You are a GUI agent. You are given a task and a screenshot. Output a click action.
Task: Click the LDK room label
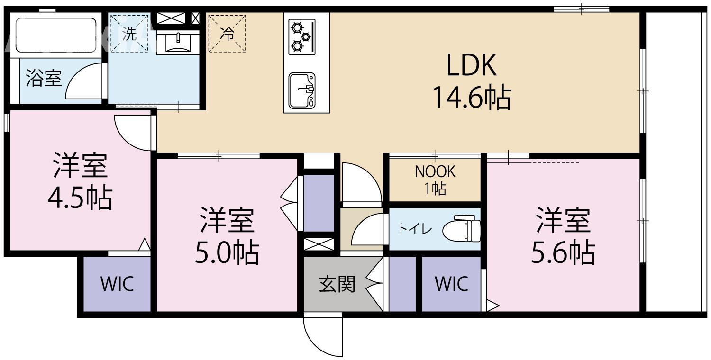[x=472, y=66]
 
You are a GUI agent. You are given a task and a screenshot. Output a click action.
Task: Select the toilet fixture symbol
[x=462, y=229]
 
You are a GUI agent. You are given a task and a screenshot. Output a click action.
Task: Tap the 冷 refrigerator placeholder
[x=228, y=33]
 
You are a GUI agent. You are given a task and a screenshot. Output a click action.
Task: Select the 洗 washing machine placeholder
[x=129, y=33]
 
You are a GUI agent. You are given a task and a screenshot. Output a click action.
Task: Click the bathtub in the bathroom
[x=55, y=35]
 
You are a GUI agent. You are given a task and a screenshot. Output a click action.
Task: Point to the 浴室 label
[x=44, y=78]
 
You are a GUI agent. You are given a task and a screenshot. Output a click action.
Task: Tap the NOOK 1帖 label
[x=435, y=180]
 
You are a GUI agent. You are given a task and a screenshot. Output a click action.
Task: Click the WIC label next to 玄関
[x=451, y=284]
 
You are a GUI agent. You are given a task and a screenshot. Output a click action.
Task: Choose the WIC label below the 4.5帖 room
[x=117, y=284]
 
